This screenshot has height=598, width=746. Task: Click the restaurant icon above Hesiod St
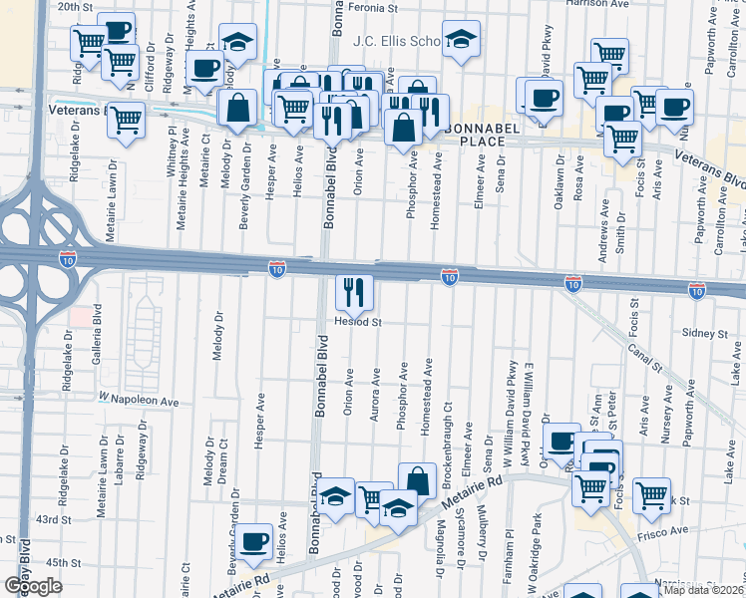point(354,291)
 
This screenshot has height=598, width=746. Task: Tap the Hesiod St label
point(358,323)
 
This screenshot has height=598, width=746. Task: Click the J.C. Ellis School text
point(397,41)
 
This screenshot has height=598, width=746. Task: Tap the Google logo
point(33,586)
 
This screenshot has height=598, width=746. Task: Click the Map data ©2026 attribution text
point(703,590)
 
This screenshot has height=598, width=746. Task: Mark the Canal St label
point(645,361)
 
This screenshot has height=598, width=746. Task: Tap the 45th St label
point(61,563)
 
